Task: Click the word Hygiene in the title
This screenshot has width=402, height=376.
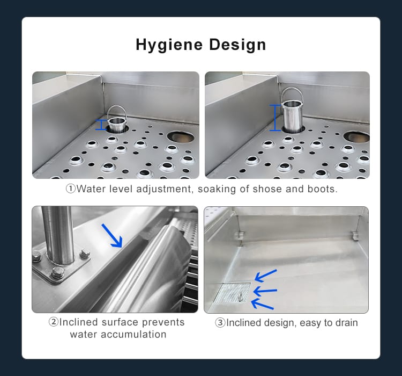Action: point(169,45)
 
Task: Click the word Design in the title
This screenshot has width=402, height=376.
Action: point(237,45)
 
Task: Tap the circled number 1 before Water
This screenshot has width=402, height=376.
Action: point(71,189)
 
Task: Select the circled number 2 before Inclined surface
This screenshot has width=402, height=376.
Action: point(53,322)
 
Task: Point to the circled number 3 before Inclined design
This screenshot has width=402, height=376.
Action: point(220,323)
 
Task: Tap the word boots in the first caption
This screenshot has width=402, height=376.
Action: point(323,189)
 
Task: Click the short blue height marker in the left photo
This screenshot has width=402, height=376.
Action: point(101,125)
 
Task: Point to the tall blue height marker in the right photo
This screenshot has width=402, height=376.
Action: point(275,118)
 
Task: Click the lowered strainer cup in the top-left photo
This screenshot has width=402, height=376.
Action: point(117,119)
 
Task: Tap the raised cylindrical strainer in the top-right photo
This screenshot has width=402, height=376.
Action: point(293,111)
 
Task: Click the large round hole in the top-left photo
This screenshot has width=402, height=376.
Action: point(181,136)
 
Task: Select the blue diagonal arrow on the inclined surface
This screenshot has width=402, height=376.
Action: point(112,236)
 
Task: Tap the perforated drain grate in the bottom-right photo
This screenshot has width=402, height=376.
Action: point(232,293)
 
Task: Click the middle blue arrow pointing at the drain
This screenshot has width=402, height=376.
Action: point(265,291)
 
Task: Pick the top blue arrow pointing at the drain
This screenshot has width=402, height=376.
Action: point(266,275)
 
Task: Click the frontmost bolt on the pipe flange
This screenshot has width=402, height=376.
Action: point(58,273)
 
